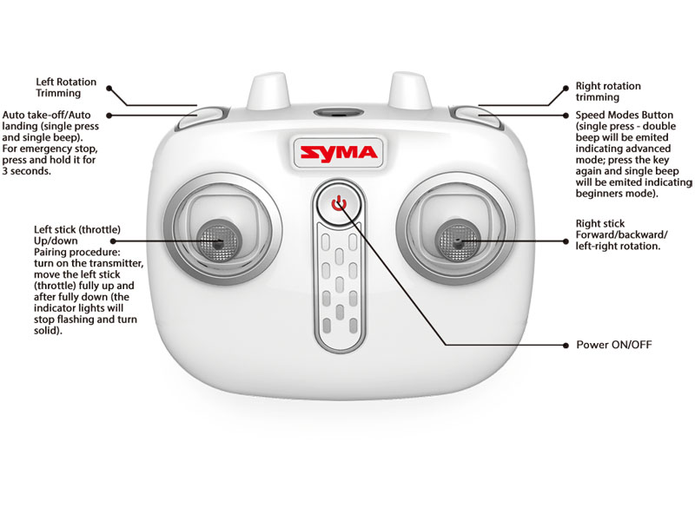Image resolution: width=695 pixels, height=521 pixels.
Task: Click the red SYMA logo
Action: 339,154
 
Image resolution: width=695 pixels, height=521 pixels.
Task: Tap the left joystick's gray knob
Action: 217,241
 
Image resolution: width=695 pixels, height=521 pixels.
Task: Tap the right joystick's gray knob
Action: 458,241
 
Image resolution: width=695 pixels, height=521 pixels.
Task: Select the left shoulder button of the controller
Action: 202,117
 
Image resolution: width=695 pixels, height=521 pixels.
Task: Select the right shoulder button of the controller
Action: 477,117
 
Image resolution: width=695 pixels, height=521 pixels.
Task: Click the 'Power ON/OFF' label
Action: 614,345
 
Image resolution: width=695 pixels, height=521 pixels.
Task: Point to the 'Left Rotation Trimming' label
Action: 66,88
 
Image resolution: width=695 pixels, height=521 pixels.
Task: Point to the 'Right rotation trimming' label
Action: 608,92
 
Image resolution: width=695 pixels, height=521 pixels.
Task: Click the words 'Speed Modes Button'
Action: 624,115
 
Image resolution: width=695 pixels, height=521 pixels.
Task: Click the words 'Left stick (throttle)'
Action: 77,229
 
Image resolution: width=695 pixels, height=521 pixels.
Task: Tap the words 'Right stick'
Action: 600,224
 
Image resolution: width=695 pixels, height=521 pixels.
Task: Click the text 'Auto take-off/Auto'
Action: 47,115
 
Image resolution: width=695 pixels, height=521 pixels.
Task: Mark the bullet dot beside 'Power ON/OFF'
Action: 566,345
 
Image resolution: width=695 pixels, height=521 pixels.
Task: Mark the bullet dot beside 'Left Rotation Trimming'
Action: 109,89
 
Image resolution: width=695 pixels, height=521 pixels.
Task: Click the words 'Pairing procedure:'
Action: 77,252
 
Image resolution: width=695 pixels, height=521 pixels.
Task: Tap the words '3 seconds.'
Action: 27,171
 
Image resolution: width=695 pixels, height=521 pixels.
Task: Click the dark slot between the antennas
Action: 339,114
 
